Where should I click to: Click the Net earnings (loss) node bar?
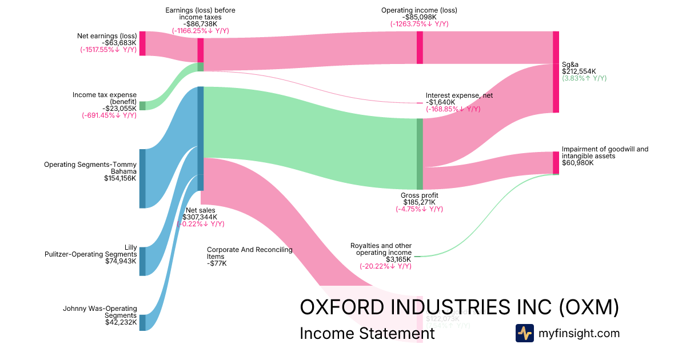(142, 43)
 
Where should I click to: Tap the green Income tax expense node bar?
(142, 106)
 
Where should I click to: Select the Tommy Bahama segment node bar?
(142, 178)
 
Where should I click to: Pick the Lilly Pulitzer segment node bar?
(142, 261)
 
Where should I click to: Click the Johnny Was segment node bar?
(142, 322)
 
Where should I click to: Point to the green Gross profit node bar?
(420, 154)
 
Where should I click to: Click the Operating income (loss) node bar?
(420, 47)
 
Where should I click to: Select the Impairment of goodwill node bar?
(556, 162)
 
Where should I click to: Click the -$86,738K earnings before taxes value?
(200, 24)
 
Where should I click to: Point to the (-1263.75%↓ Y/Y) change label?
(419, 24)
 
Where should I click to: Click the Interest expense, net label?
(459, 95)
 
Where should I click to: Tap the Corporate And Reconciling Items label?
(250, 253)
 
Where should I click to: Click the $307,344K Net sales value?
(200, 217)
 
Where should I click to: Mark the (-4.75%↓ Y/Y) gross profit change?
(419, 209)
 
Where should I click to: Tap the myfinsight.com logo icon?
(524, 333)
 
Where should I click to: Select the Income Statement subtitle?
(367, 334)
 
